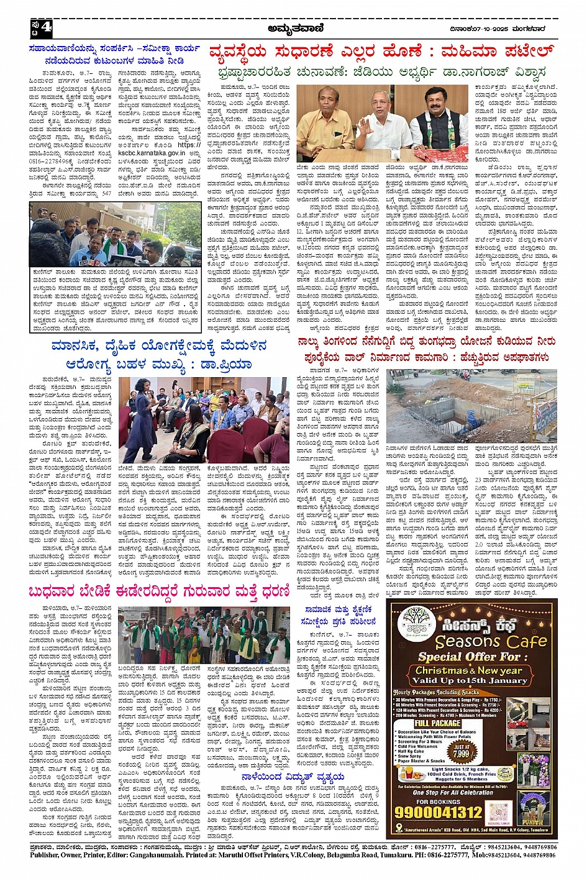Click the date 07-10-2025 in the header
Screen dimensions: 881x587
(x=489, y=27)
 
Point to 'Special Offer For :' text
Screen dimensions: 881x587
(x=468, y=656)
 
